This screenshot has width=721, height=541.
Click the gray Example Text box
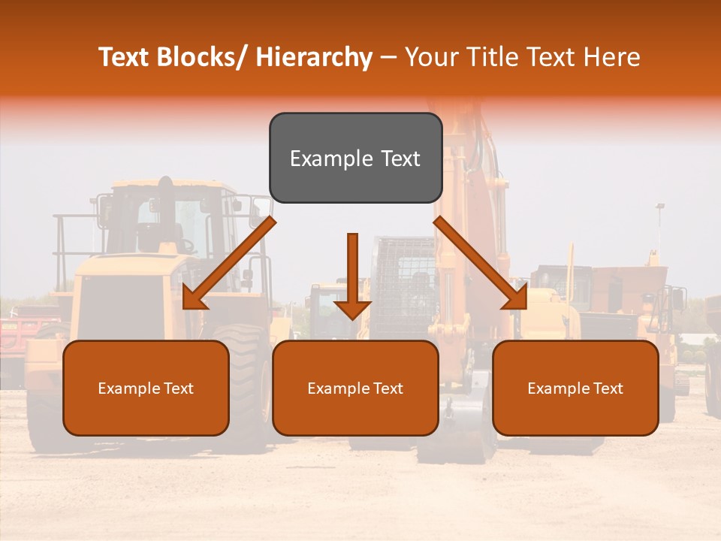(355, 158)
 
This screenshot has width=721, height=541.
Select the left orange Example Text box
(146, 388)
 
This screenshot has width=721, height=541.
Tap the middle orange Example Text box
(355, 388)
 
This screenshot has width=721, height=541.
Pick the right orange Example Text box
(575, 388)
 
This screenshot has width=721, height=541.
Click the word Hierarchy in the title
(314, 58)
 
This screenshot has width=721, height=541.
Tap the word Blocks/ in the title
(200, 58)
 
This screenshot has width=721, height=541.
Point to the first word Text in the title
(123, 58)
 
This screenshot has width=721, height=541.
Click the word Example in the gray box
(321, 159)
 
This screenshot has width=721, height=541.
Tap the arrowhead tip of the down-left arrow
(185, 307)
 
